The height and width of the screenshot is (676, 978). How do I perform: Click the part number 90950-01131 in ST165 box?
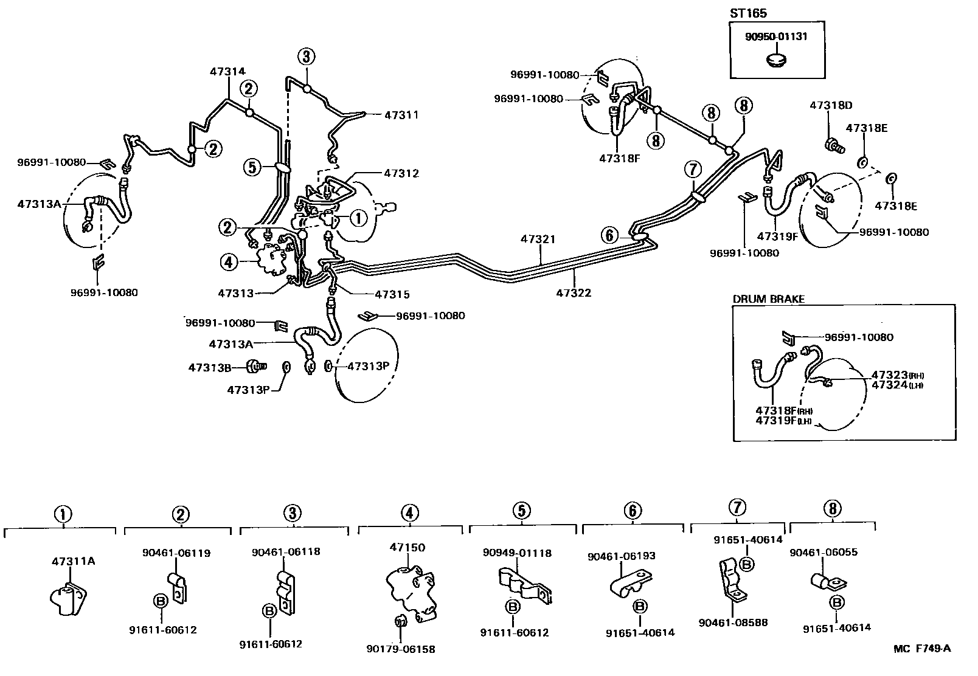click(777, 36)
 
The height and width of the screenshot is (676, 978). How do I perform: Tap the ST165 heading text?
click(748, 13)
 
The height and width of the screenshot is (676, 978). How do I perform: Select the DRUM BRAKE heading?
click(768, 299)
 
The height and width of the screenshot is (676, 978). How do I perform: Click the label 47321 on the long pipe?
click(538, 240)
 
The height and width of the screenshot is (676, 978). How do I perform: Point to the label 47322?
click(573, 293)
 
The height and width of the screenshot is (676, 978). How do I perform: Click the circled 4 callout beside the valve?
click(228, 263)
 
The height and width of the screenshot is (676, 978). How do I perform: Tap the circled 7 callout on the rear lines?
click(693, 168)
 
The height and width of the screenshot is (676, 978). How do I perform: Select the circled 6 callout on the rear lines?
click(609, 235)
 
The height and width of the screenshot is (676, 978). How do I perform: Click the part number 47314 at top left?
click(227, 72)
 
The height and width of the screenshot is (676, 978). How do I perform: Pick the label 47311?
click(401, 114)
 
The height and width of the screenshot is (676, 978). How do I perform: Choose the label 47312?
click(401, 173)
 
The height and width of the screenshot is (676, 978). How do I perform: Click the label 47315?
click(392, 295)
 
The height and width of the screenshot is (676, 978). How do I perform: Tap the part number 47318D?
click(830, 106)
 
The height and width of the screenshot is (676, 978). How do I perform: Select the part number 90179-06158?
click(401, 649)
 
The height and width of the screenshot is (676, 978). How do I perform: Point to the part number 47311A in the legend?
click(73, 561)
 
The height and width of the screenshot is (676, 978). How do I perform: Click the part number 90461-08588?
click(733, 623)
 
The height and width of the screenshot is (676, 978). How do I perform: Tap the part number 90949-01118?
click(517, 553)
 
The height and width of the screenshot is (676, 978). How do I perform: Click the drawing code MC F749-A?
click(921, 649)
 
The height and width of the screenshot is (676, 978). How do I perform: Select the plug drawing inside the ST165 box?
click(775, 60)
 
